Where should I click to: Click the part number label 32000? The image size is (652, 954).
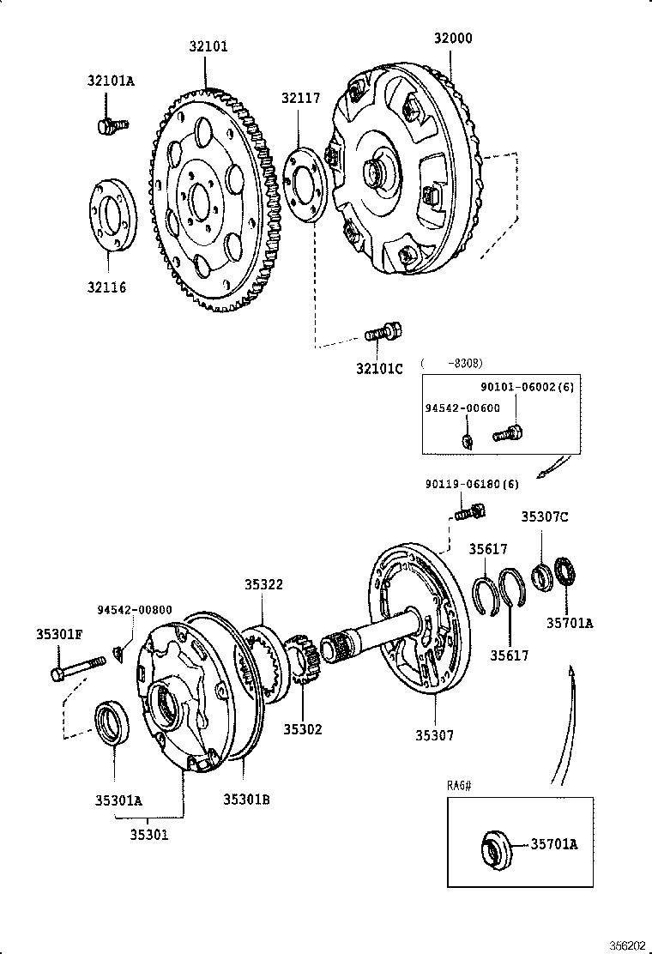coord(452,39)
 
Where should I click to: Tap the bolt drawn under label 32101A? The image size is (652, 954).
coord(111,125)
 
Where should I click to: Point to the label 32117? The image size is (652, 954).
coord(299,99)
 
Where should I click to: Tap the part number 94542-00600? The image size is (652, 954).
coord(463,408)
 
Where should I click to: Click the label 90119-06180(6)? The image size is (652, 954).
coord(472,484)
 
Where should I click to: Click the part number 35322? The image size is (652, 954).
coord(263,584)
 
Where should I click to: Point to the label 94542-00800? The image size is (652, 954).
coord(134,610)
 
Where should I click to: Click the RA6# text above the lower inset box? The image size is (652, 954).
coord(461,785)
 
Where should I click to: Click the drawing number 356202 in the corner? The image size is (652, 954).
coord(627,944)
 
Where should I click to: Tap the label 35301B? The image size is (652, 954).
coord(247,799)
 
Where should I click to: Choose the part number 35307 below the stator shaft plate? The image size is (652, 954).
coord(435,735)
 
